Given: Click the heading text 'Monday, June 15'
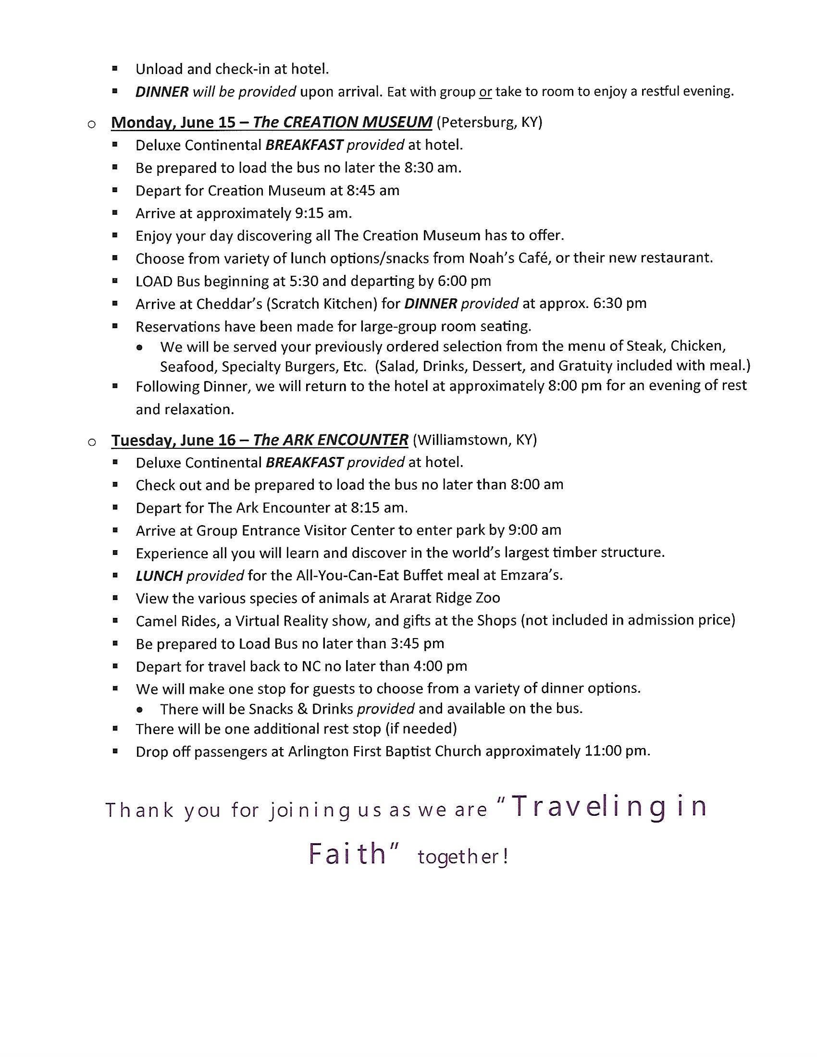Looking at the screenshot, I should click(x=173, y=123).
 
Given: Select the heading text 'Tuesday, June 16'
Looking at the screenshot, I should click(x=174, y=440).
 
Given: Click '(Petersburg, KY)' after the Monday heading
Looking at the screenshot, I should click(x=489, y=123).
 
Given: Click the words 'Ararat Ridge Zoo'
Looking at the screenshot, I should click(x=445, y=598).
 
